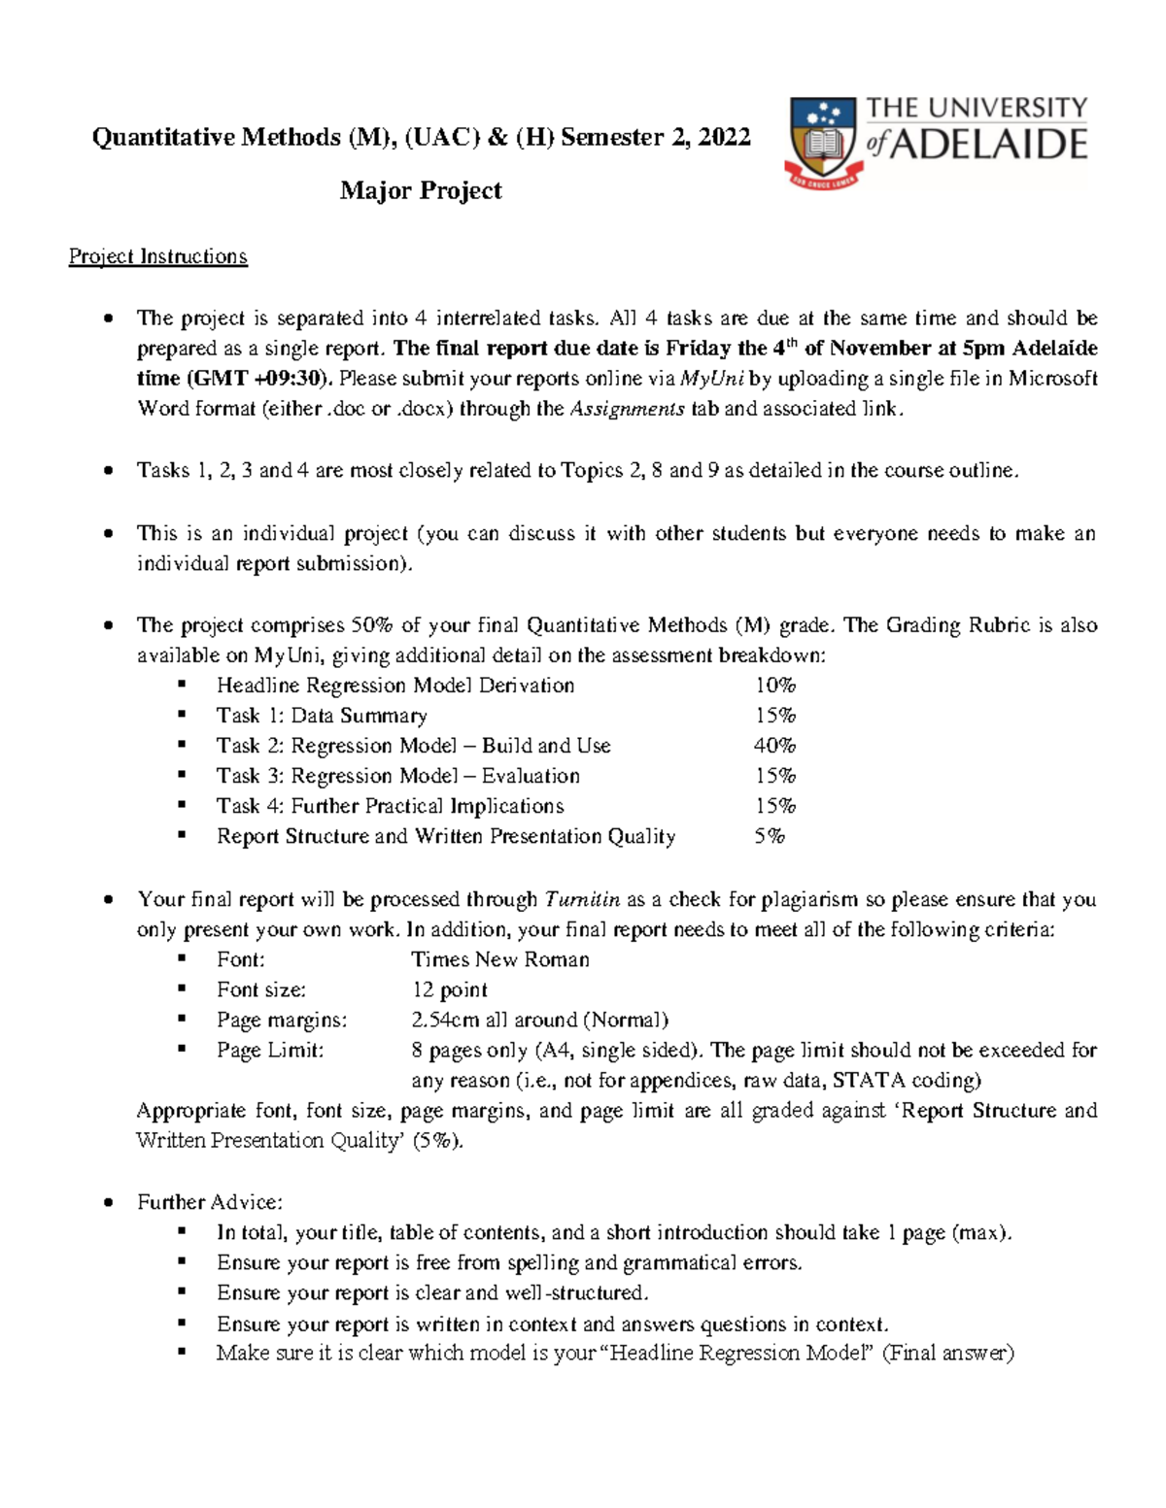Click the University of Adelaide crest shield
point(822,141)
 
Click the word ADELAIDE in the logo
point(988,145)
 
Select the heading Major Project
point(421,190)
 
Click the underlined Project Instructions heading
point(158,256)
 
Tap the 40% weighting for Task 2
point(774,746)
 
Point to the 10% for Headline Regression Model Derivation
point(774,686)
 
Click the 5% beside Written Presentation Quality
point(769,836)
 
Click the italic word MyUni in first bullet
point(711,379)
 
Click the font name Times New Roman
point(499,959)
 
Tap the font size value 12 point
point(449,989)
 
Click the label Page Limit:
point(270,1050)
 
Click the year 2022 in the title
point(724,137)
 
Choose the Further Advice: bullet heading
point(210,1202)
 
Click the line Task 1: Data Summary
point(322,716)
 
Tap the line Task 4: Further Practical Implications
point(390,806)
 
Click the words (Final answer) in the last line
point(947,1353)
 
